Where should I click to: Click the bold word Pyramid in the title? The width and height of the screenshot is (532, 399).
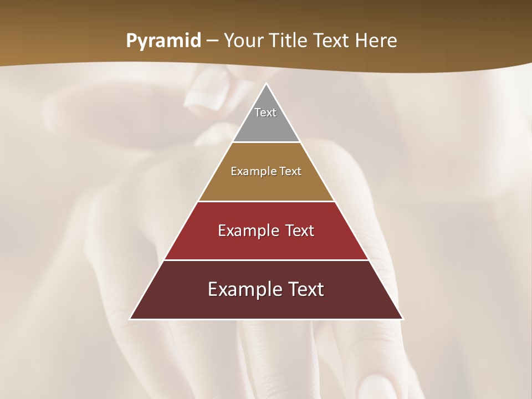[163, 42]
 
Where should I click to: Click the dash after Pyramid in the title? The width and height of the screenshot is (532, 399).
[212, 42]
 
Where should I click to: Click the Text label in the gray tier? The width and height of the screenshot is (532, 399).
[265, 112]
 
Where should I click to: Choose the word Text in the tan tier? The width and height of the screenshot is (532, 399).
[290, 171]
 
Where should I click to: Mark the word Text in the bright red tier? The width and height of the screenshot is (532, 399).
[300, 231]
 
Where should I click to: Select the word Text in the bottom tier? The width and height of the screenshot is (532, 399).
[304, 289]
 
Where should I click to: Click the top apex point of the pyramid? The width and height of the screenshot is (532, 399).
[266, 84]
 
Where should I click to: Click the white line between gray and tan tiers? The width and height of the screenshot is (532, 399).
[266, 142]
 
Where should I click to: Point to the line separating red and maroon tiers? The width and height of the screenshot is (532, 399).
[266, 260]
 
